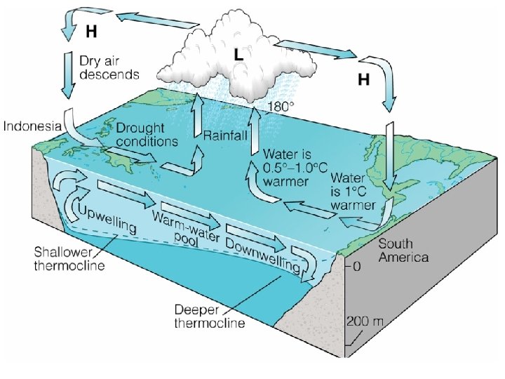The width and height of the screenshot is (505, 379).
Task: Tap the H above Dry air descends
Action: click(x=91, y=32)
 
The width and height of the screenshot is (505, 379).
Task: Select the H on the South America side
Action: click(x=364, y=81)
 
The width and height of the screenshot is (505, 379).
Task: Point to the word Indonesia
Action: click(x=34, y=127)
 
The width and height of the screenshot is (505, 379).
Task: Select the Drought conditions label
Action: click(x=147, y=135)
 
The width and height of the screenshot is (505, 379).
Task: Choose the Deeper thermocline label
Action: click(x=208, y=316)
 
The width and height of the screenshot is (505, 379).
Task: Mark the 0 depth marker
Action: click(x=356, y=267)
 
